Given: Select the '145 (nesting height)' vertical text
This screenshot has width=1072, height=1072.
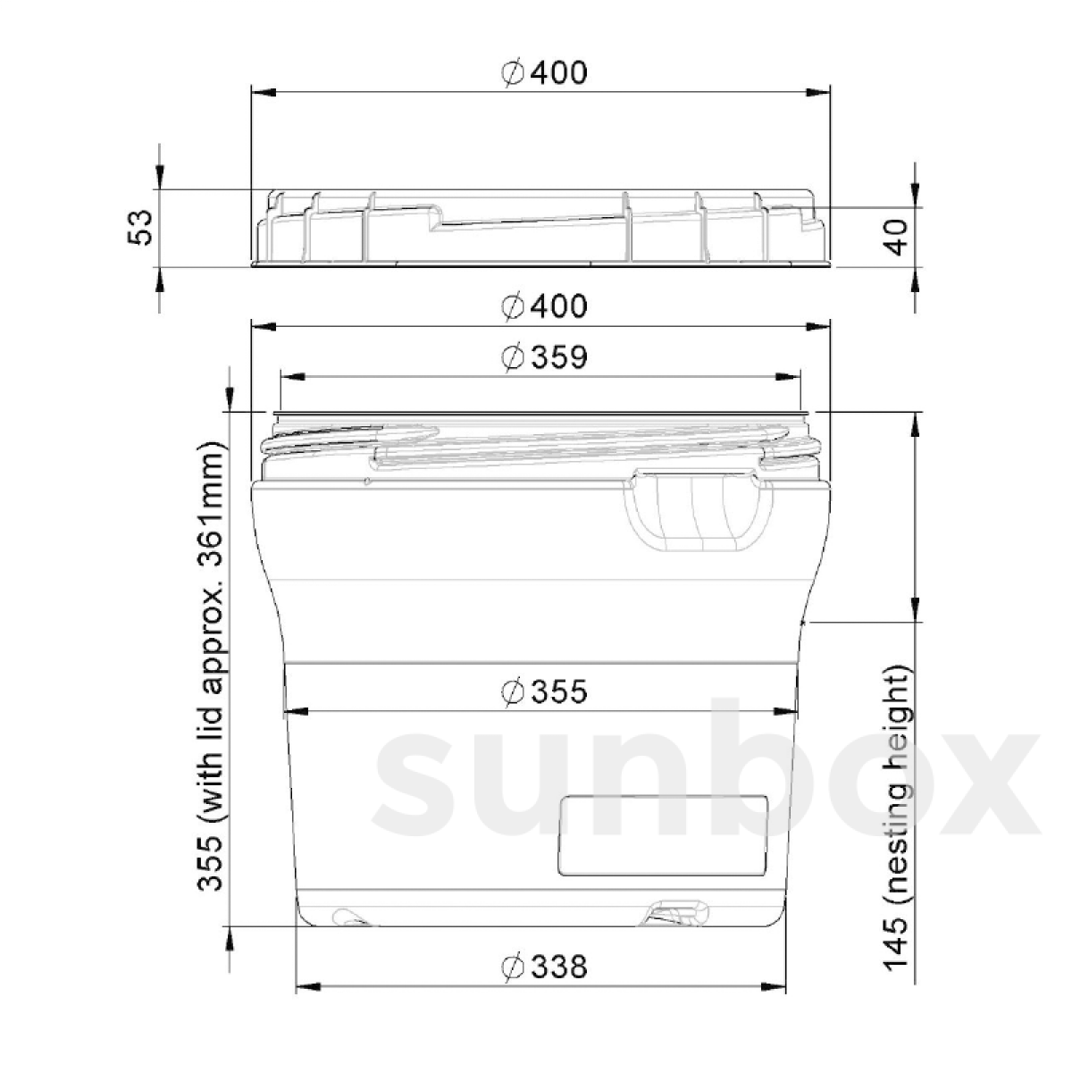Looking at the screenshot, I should tap(896, 817).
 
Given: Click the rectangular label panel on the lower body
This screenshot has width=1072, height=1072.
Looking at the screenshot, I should tap(662, 834).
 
